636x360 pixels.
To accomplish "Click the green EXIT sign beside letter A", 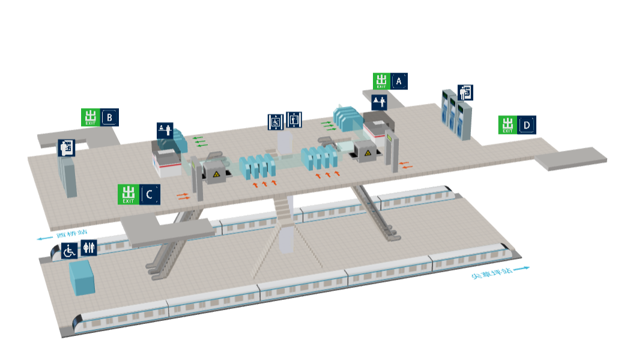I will click(x=381, y=81).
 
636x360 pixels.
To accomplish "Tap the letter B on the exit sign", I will click(x=109, y=117).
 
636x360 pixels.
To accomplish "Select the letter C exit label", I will click(x=150, y=194).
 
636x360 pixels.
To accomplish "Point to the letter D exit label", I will click(x=527, y=125).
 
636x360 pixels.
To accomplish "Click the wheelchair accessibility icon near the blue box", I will click(x=69, y=250).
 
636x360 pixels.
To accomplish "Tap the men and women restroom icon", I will click(x=88, y=248).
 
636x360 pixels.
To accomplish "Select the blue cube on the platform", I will click(x=82, y=277).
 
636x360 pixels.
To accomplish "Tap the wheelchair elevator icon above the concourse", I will click(x=276, y=121).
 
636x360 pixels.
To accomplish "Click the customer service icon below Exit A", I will click(x=379, y=102).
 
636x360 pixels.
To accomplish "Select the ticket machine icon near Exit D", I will click(x=465, y=93).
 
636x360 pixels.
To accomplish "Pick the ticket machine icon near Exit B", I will click(x=66, y=148).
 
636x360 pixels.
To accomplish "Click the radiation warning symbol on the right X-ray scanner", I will click(x=366, y=155).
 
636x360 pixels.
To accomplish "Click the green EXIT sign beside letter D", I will click(x=507, y=125).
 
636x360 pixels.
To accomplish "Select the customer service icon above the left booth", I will click(x=165, y=130).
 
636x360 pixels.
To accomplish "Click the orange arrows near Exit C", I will click(x=183, y=195).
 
